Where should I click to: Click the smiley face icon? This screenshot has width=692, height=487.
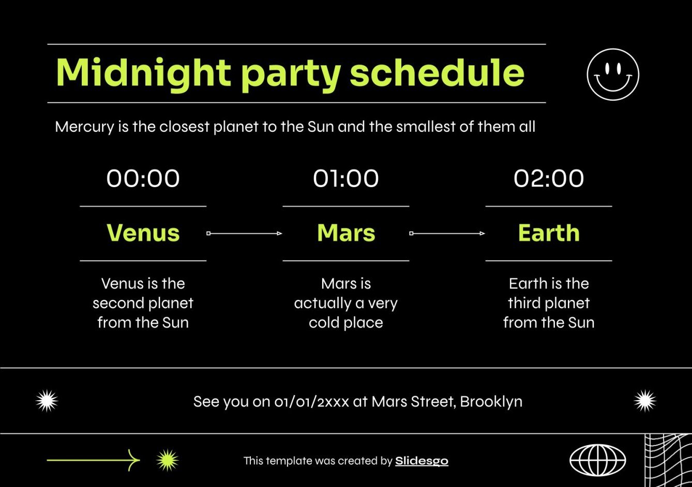(613, 74)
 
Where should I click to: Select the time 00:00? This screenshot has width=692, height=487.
(143, 178)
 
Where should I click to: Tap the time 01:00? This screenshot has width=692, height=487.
(345, 178)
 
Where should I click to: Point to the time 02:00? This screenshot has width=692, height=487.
(548, 178)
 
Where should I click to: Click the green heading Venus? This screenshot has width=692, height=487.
(143, 233)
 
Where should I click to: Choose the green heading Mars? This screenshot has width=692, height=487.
(345, 233)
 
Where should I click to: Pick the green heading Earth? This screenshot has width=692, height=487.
(548, 233)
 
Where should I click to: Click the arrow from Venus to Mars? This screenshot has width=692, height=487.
(244, 234)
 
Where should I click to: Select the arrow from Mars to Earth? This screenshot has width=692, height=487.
(447, 234)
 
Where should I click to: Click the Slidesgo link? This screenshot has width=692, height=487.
(422, 461)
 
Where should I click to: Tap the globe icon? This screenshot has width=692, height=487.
(597, 460)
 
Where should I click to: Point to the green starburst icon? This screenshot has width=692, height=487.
(168, 460)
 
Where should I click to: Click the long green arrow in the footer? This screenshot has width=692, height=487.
(93, 460)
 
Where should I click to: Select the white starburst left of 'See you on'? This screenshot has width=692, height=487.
(47, 401)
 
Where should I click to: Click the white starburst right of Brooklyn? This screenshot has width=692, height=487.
(644, 401)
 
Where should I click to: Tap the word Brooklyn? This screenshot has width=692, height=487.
(491, 402)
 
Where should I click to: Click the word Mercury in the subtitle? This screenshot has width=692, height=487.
(84, 127)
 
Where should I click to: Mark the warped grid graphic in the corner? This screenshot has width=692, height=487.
(668, 460)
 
